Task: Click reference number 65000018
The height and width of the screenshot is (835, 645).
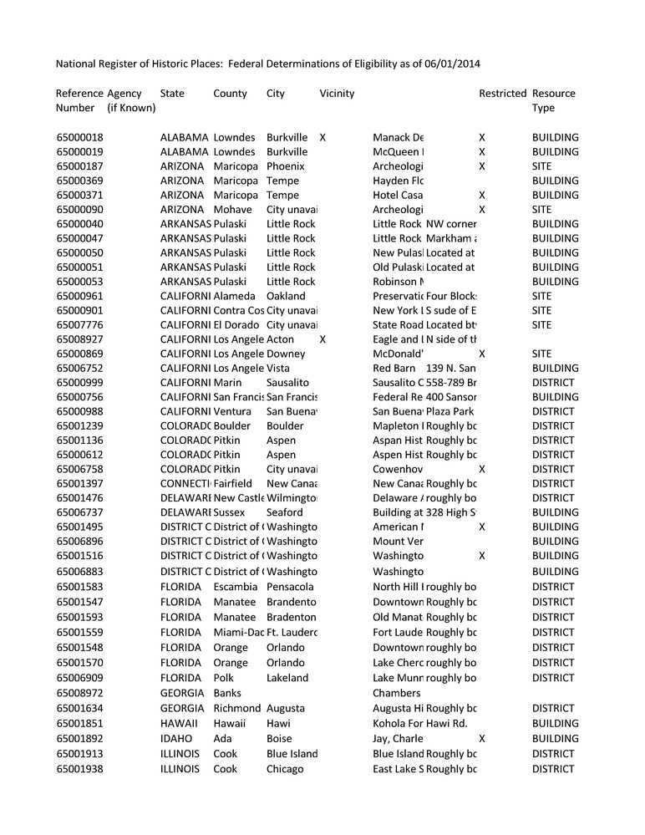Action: tap(80, 137)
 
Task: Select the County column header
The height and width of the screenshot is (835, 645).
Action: tap(230, 94)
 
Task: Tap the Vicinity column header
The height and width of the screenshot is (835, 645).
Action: tap(337, 94)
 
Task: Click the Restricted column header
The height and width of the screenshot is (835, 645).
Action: tap(502, 94)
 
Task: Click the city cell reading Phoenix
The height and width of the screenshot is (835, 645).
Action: tap(285, 166)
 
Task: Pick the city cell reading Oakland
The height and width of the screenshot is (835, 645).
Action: tap(286, 296)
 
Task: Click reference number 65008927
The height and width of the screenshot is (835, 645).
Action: tap(80, 339)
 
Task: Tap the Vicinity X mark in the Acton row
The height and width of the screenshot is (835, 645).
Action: tap(322, 339)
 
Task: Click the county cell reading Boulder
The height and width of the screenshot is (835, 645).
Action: tap(231, 425)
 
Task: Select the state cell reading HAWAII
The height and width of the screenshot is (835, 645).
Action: tap(179, 723)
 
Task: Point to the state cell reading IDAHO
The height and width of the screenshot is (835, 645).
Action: tap(175, 738)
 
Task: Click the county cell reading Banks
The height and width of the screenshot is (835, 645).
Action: tap(227, 693)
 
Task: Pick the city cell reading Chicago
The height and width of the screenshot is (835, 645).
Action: tap(285, 769)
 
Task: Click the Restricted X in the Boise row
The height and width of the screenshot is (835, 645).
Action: tap(481, 738)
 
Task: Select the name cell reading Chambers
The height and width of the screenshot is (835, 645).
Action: tap(396, 693)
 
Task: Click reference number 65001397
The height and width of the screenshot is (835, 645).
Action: tap(80, 483)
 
